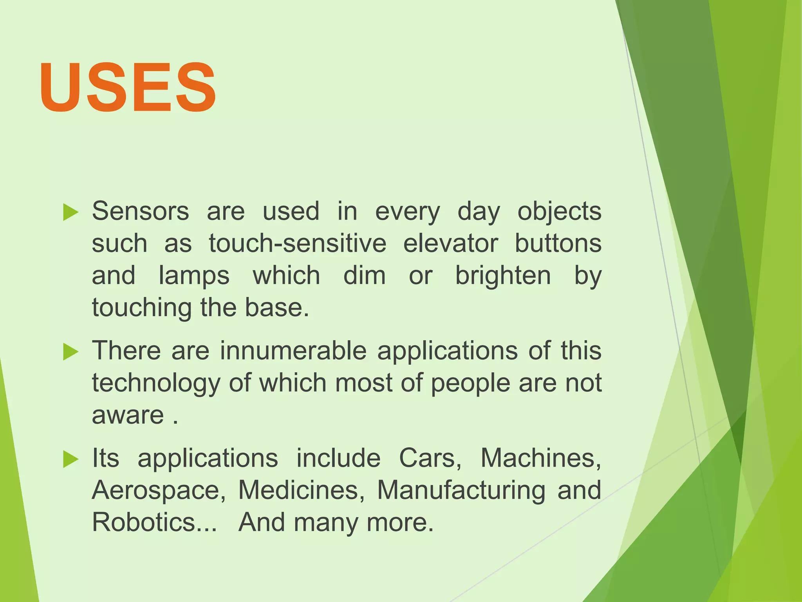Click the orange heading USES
coord(128,87)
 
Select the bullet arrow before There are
coord(70,351)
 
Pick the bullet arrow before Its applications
coord(70,459)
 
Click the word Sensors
coord(140,212)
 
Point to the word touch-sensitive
coord(297,244)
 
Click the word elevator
coord(450,244)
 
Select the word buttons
coord(558,244)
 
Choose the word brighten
coord(503,276)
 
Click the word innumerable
coord(293,350)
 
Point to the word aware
coord(128,415)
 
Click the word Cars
coord(430,459)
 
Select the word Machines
coord(540,459)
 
